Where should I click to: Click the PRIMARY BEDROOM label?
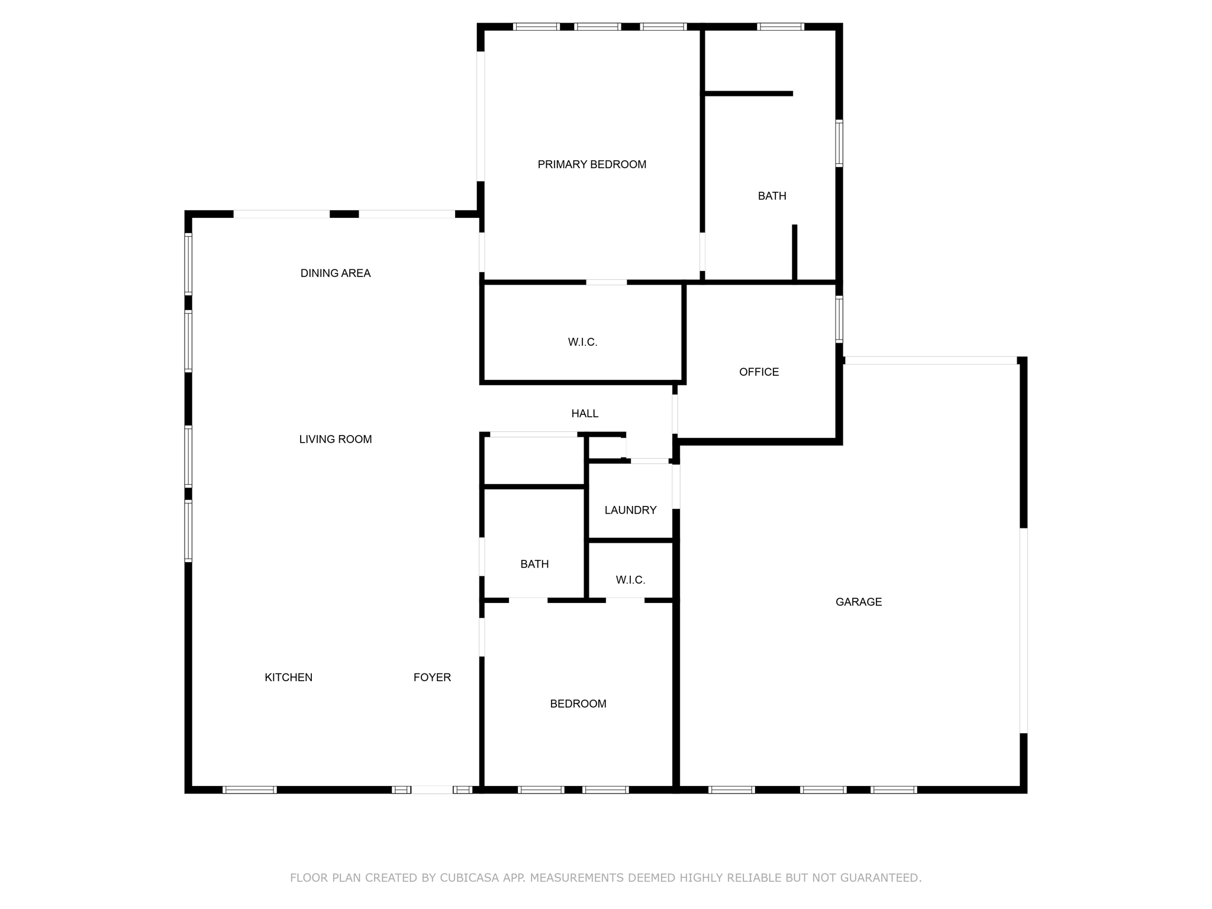pos(592,165)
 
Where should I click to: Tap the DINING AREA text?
pos(336,273)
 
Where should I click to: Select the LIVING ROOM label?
pos(336,439)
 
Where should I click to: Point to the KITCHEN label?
pos(288,678)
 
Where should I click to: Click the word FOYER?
pos(432,678)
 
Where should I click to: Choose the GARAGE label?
pos(859,602)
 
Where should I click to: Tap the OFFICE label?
pos(759,372)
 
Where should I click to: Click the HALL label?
pos(585,414)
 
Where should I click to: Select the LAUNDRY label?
pos(630,510)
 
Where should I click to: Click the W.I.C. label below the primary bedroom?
pos(583,342)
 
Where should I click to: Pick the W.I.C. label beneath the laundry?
pos(630,580)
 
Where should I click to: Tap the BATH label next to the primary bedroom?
pos(772,196)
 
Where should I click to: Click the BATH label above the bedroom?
pos(534,565)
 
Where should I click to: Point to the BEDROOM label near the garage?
pos(578,704)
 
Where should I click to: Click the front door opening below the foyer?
pos(432,789)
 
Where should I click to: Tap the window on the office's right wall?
pos(839,319)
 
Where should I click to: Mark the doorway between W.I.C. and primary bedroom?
pos(607,282)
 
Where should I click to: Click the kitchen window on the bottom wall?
pos(250,789)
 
